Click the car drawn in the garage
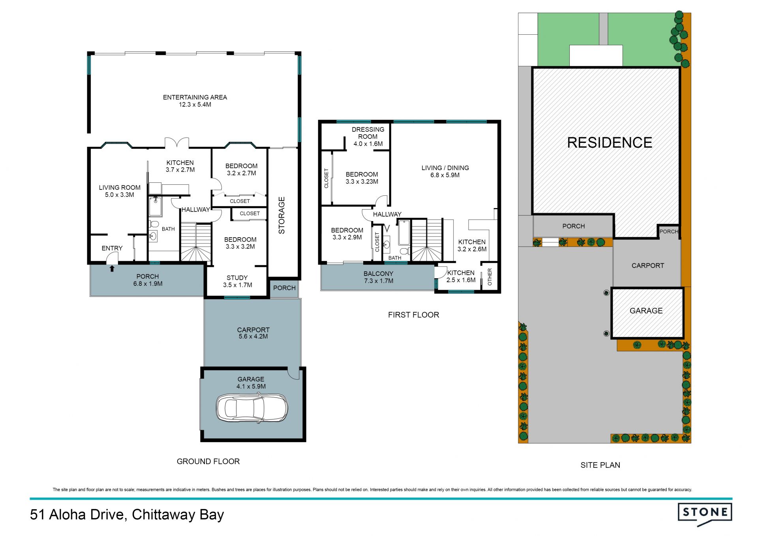pyautogui.click(x=252, y=408)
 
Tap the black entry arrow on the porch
pyautogui.click(x=112, y=269)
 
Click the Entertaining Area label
pyautogui.click(x=195, y=101)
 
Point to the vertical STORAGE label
pyautogui.click(x=282, y=215)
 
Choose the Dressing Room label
pyautogui.click(x=368, y=137)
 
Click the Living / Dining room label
pyautogui.click(x=445, y=171)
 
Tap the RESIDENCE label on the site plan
pyautogui.click(x=610, y=142)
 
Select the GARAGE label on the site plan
pyautogui.click(x=646, y=311)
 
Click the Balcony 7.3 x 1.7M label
pyautogui.click(x=379, y=277)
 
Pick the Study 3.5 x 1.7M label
pyautogui.click(x=237, y=281)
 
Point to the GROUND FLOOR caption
pyautogui.click(x=208, y=461)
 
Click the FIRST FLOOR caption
pyautogui.click(x=413, y=315)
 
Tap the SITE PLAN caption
pyautogui.click(x=600, y=465)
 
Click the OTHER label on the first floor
pyautogui.click(x=490, y=277)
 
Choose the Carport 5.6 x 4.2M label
pyautogui.click(x=253, y=333)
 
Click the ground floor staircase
pyautogui.click(x=196, y=242)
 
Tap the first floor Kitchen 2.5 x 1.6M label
pyautogui.click(x=461, y=276)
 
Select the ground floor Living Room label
pyautogui.click(x=120, y=191)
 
